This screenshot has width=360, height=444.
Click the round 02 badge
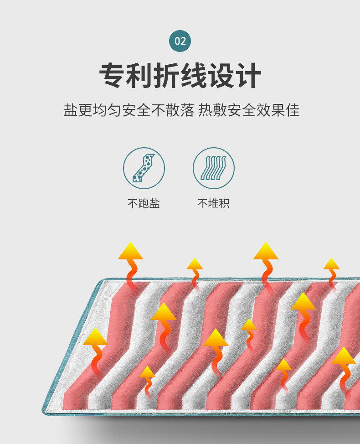[180, 41]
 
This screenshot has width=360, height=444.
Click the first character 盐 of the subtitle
[70, 110]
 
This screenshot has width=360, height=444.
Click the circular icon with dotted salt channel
[144, 168]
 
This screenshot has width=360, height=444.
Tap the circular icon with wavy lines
[213, 168]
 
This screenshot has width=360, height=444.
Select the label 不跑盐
[144, 203]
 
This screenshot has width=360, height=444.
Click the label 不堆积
[213, 203]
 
